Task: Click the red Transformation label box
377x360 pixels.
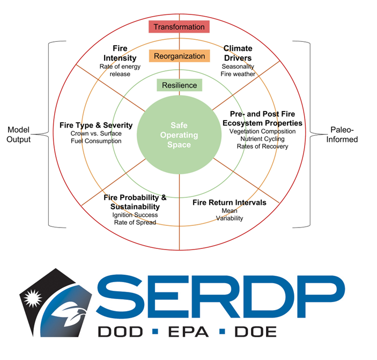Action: click(x=179, y=27)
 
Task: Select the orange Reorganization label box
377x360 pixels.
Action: click(x=179, y=56)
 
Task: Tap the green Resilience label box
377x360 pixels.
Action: click(x=179, y=85)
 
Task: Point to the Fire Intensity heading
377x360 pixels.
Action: click(x=120, y=53)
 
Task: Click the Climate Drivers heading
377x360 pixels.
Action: click(x=238, y=53)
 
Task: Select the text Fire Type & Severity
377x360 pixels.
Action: click(x=96, y=126)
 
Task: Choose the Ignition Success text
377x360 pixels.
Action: click(x=134, y=215)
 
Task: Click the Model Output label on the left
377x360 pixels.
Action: click(x=19, y=135)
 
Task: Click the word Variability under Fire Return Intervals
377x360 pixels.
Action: click(x=229, y=218)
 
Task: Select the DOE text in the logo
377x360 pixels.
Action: click(x=258, y=331)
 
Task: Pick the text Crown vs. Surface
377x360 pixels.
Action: click(x=96, y=133)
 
